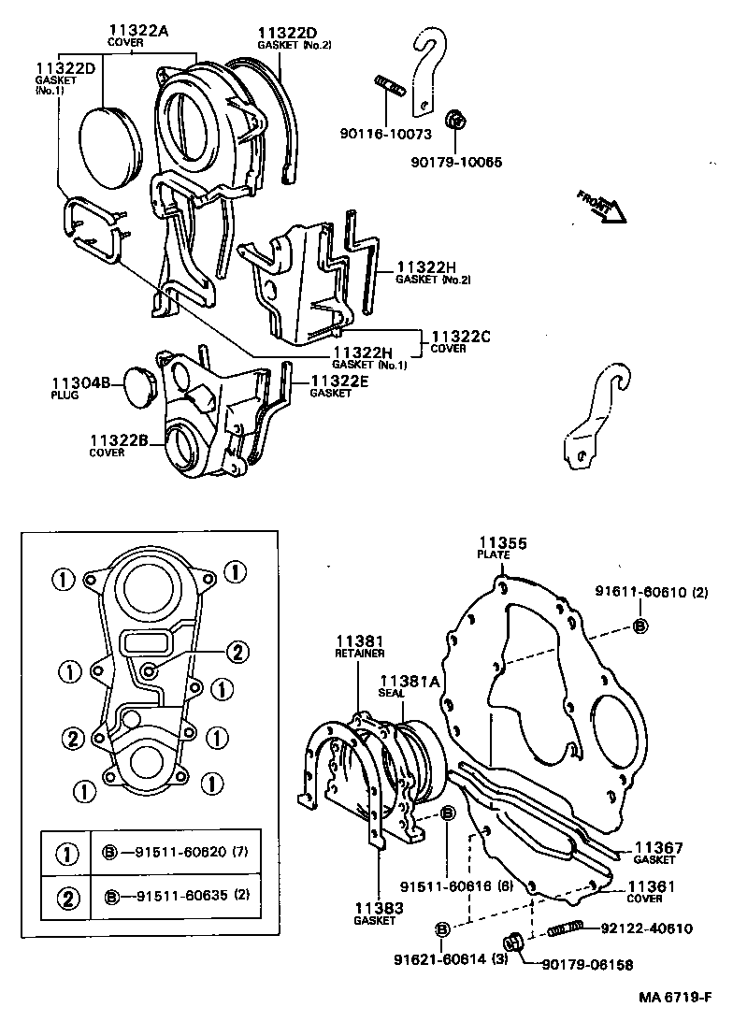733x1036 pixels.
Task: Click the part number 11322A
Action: click(x=137, y=31)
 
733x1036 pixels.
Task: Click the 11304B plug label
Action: click(x=80, y=383)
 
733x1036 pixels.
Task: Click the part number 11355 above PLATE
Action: click(x=503, y=542)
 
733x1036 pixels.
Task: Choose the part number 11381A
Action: click(x=408, y=683)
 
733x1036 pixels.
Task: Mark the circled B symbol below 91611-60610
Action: click(x=640, y=626)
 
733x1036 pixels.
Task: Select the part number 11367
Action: click(x=659, y=848)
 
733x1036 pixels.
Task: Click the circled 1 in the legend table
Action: click(x=66, y=853)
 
